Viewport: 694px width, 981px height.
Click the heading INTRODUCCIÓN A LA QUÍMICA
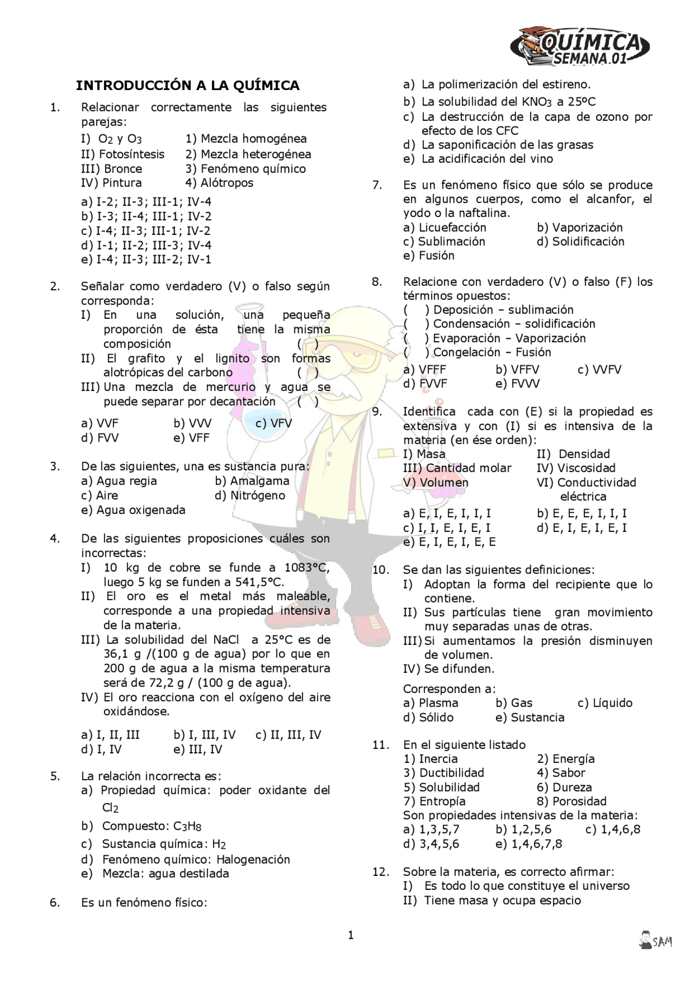[188, 86]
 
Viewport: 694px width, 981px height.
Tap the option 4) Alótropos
[219, 183]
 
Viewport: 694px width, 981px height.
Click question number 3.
[55, 467]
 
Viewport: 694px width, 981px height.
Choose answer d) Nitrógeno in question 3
[250, 496]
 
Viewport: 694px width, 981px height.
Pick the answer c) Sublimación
[444, 242]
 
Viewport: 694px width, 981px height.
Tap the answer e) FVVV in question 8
[517, 384]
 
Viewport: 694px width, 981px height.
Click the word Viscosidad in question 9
[586, 469]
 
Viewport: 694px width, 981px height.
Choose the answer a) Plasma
[431, 703]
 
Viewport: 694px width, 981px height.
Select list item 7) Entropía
[434, 802]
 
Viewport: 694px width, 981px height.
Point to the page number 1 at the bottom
[350, 935]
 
